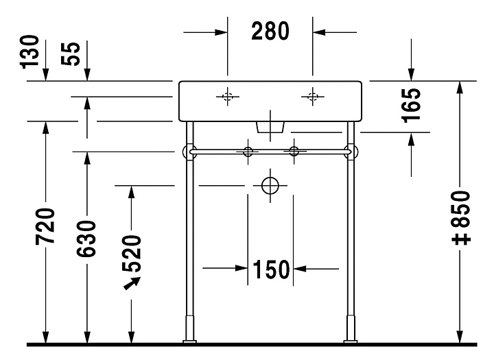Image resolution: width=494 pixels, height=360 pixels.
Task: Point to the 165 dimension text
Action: (411, 105)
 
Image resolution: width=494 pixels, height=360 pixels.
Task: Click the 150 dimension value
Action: (270, 269)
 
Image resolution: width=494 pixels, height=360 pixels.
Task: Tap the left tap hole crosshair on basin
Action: (228, 96)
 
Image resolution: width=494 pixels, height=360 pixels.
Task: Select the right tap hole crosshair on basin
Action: (313, 96)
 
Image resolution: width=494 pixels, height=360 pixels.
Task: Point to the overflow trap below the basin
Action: (270, 125)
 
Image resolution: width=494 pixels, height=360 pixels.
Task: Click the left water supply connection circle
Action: (247, 150)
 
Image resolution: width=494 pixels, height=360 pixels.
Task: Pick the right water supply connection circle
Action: (294, 150)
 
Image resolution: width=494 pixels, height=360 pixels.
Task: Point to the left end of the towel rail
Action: (187, 150)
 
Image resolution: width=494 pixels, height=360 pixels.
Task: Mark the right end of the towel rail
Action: (353, 150)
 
